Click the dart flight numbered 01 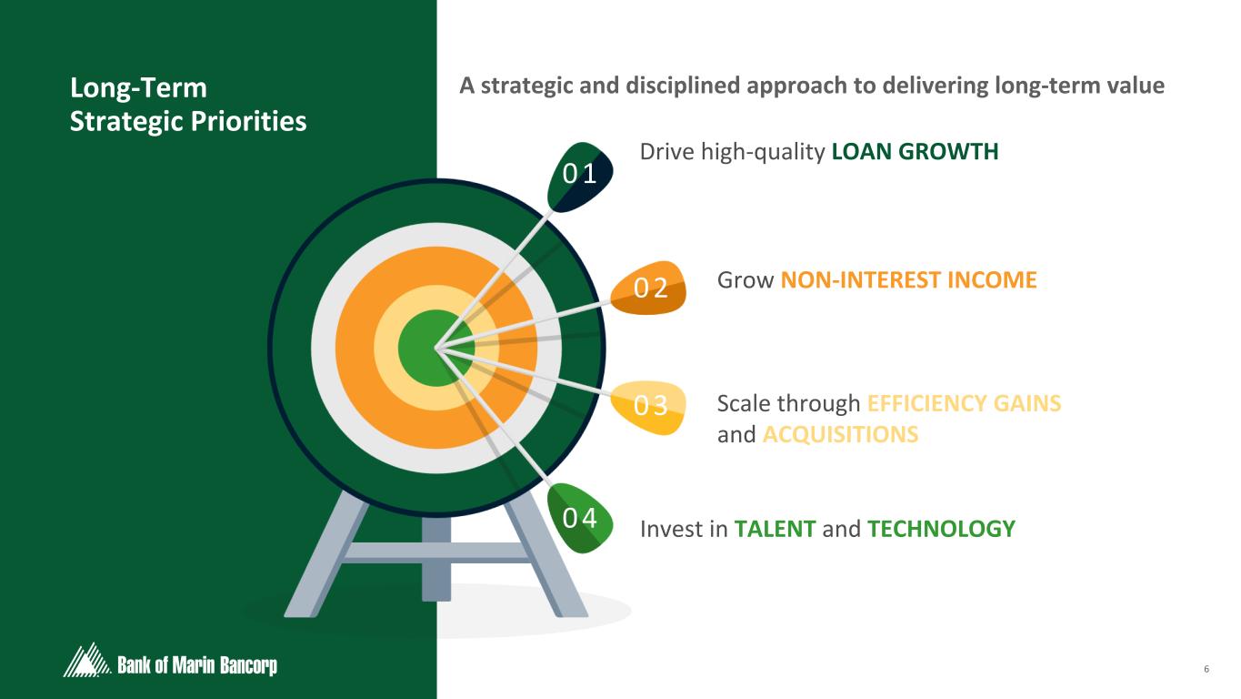(x=579, y=175)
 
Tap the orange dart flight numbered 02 (x=649, y=288)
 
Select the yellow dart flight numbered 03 (x=647, y=406)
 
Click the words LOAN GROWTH (x=915, y=152)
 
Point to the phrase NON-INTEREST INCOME (x=908, y=279)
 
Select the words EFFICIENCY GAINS (x=964, y=403)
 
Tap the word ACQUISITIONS (x=840, y=435)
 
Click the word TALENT (x=775, y=529)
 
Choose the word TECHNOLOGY (x=941, y=529)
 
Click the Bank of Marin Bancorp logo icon (x=85, y=661)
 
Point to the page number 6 (x=1206, y=670)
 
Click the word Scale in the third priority (x=744, y=403)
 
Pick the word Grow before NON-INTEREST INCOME (x=746, y=279)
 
